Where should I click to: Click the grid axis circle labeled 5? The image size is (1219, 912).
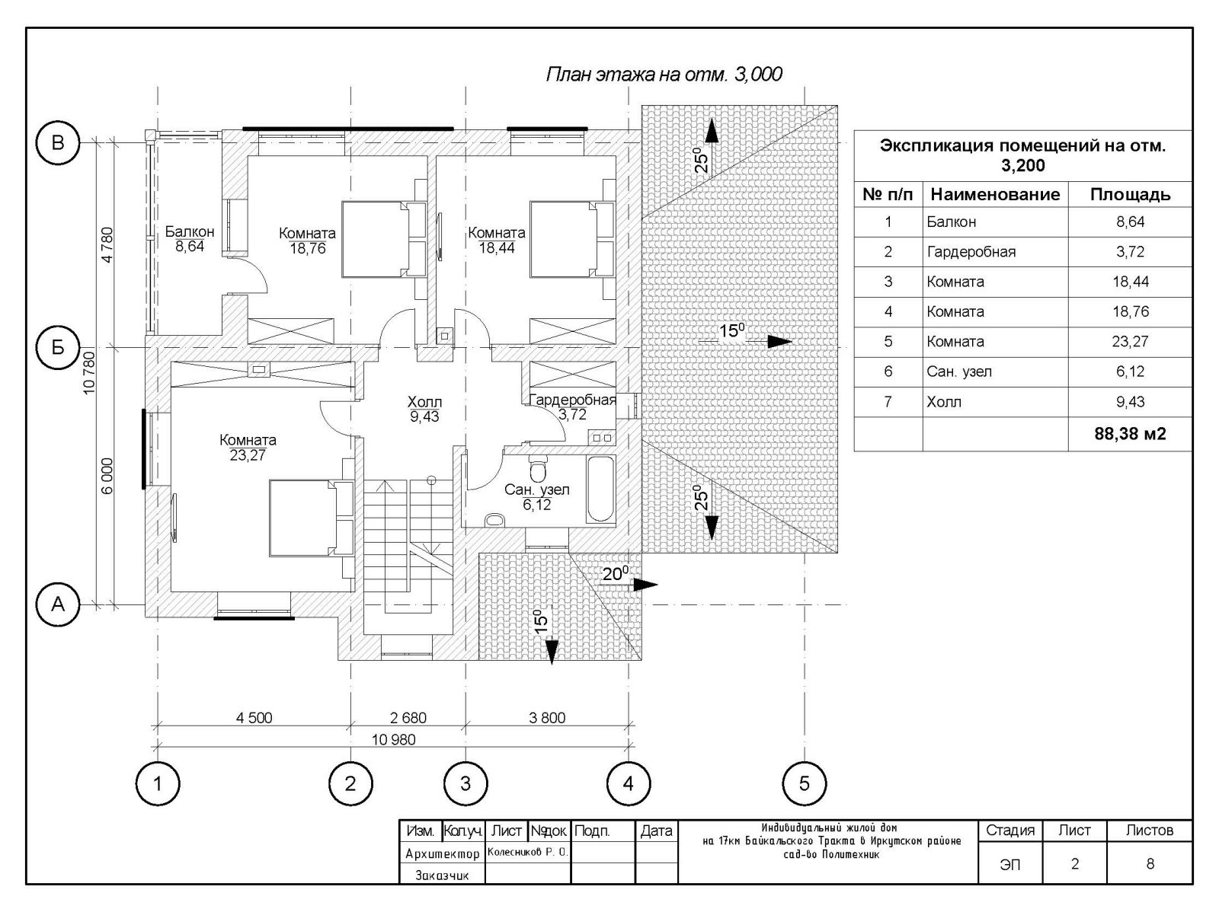tap(804, 783)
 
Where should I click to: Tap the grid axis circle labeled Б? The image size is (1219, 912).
tap(58, 347)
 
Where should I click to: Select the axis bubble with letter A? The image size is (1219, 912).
tap(58, 604)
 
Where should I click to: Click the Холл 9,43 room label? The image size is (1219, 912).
tap(425, 409)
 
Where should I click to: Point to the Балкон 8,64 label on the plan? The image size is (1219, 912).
tap(190, 239)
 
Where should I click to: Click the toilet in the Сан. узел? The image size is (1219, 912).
tap(537, 469)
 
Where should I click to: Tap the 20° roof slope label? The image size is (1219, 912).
tap(616, 573)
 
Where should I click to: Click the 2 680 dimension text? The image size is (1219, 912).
tap(408, 718)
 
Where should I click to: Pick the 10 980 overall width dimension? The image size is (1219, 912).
tap(394, 739)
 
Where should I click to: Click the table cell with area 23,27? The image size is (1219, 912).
tap(1130, 341)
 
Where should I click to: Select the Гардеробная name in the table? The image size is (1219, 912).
tap(971, 252)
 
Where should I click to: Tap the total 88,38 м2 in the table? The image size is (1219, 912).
tap(1130, 434)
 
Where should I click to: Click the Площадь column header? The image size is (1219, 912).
tap(1130, 195)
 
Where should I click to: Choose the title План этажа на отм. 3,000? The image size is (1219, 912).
tap(664, 75)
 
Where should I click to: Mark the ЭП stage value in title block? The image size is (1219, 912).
tap(1009, 864)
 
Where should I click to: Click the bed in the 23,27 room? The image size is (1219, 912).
tap(312, 518)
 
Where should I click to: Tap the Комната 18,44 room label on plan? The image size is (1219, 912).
tap(497, 241)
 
